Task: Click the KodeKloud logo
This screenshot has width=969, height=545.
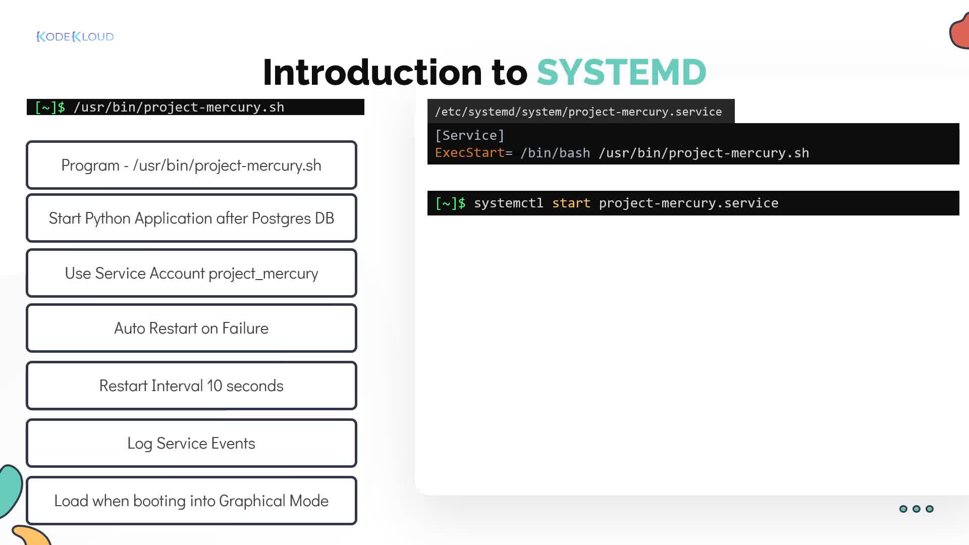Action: coord(75,36)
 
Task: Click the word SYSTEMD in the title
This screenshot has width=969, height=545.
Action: coord(621,72)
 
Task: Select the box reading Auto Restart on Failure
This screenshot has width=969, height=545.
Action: coord(191,328)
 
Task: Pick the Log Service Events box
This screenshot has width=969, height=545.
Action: coord(191,443)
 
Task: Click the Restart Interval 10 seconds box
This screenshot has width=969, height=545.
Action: coord(191,386)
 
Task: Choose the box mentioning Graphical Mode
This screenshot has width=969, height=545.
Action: coord(191,501)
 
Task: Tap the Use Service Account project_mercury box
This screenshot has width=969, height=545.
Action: coord(191,273)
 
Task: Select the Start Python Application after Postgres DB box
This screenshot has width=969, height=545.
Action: coord(191,218)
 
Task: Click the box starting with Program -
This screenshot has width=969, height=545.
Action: coord(191,165)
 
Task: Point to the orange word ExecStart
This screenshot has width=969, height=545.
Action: coord(470,153)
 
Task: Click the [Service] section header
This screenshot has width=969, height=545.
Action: coord(470,135)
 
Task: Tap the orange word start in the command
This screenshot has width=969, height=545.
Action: coord(571,203)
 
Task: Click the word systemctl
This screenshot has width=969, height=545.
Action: coord(509,203)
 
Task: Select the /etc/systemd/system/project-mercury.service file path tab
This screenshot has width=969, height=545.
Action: coord(581,111)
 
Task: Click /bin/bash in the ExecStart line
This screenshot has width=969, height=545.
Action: coord(555,153)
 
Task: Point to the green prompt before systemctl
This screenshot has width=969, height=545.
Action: coord(451,203)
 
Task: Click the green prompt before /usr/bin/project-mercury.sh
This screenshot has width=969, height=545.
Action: coord(50,107)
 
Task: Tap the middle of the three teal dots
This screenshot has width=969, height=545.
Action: coord(917,509)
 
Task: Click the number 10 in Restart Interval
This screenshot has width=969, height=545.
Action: coord(214,386)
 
